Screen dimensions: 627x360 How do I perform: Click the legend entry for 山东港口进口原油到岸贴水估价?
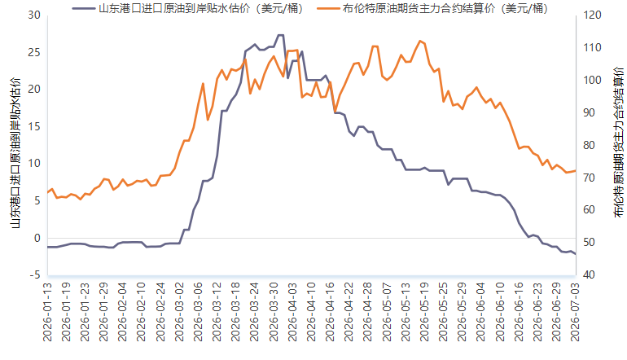point(188,8)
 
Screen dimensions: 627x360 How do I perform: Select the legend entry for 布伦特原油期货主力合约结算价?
point(432,8)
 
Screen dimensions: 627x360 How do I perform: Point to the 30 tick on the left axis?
point(34,15)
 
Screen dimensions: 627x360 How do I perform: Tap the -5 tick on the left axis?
point(34,274)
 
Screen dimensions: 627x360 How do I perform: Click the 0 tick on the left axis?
point(37,238)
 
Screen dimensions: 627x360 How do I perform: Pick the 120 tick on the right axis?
point(592,15)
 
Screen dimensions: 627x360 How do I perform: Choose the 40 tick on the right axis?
point(589,274)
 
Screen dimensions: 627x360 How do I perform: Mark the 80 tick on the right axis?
point(589,145)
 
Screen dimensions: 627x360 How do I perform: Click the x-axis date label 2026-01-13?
point(47,312)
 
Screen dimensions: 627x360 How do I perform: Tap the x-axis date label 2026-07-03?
point(575,312)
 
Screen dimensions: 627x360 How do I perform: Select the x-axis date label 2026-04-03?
point(292,312)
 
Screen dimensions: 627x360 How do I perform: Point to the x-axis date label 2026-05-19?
point(424,312)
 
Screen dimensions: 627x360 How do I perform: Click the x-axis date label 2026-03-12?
point(217,312)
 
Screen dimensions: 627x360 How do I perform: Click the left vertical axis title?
point(15,153)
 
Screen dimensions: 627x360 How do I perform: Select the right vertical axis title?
point(618,143)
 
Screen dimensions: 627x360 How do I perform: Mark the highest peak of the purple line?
point(281,35)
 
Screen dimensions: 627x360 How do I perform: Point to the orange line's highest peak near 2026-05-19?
point(420,41)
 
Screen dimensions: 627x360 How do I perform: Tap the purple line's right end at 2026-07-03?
point(575,254)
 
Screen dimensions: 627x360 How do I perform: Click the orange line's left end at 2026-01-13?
point(47,192)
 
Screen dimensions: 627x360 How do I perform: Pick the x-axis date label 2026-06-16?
point(519,312)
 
